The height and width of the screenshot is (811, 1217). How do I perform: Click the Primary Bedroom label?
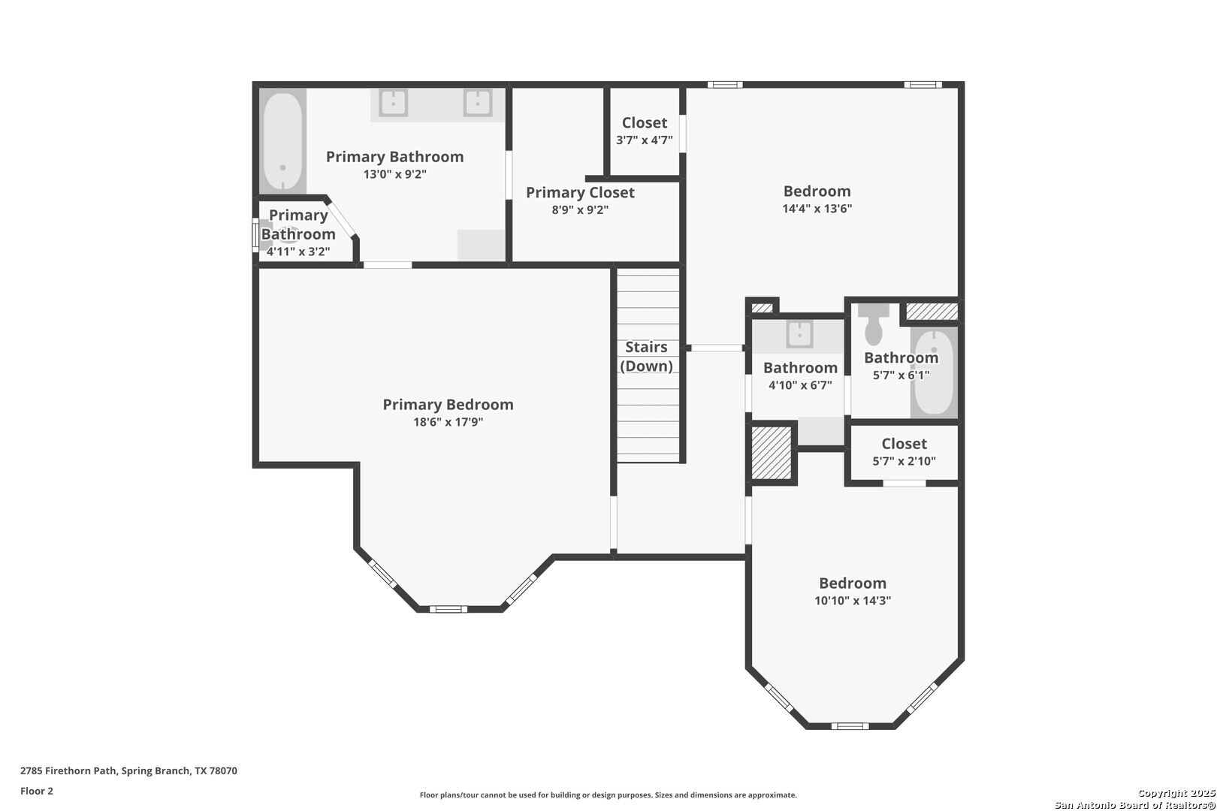click(x=448, y=405)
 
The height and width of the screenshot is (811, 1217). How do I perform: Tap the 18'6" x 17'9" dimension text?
click(x=448, y=422)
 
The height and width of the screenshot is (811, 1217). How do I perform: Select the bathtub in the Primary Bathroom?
click(x=283, y=141)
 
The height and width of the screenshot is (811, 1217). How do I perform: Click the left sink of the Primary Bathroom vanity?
click(x=394, y=103)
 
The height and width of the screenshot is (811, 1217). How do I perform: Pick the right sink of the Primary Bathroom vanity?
click(x=478, y=103)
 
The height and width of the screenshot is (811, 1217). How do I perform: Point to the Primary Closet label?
click(x=580, y=193)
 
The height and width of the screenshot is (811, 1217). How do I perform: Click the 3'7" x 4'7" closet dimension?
click(x=645, y=140)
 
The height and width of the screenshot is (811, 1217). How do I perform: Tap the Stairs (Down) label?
click(x=647, y=357)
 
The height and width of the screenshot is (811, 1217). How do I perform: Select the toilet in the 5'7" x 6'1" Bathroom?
click(x=874, y=324)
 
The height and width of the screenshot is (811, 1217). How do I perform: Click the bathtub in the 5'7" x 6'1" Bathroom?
click(x=935, y=372)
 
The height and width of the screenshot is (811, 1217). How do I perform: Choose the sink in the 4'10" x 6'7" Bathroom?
click(x=799, y=334)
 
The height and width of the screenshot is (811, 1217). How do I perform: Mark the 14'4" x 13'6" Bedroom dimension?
click(x=817, y=209)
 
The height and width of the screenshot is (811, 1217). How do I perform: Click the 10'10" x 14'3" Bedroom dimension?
click(x=853, y=601)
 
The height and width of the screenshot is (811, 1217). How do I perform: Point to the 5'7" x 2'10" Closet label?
click(x=904, y=444)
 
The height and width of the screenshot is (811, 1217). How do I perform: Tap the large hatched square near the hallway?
click(x=772, y=453)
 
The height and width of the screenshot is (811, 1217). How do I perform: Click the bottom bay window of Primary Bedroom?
click(x=448, y=610)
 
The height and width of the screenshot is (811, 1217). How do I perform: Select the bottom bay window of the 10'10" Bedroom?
click(x=850, y=726)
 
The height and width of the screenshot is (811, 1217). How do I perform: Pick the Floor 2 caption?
click(x=37, y=791)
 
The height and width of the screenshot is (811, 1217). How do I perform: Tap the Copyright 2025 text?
click(x=1176, y=793)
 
